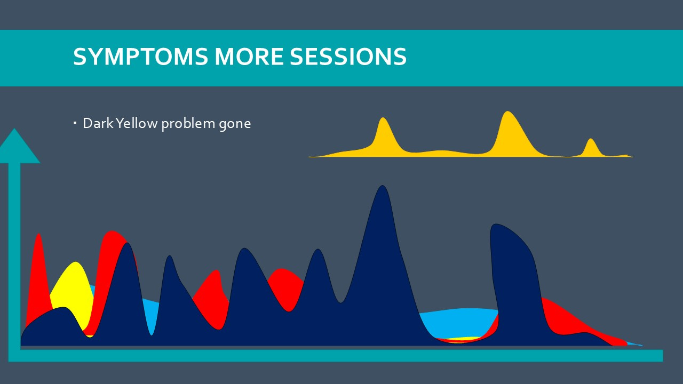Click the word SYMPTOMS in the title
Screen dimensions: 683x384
pyautogui.click(x=140, y=57)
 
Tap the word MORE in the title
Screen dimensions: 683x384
pyautogui.click(x=249, y=57)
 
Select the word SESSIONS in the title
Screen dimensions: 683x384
pyautogui.click(x=348, y=57)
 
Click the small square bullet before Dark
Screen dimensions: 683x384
pyautogui.click(x=75, y=123)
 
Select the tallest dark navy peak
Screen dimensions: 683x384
pyautogui.click(x=383, y=213)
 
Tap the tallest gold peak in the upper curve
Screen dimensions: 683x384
pyautogui.click(x=509, y=134)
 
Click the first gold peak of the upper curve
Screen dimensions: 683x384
pyautogui.click(x=384, y=135)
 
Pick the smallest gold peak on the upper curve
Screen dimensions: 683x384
pyautogui.click(x=591, y=148)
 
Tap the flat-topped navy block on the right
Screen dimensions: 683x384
pyautogui.click(x=515, y=281)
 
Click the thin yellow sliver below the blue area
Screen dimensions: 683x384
pyautogui.click(x=460, y=339)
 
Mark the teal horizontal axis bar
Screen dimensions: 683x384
pyautogui.click(x=336, y=355)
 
